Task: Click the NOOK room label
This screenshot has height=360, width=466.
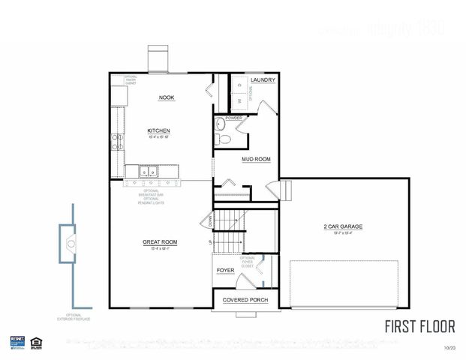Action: pos(166,97)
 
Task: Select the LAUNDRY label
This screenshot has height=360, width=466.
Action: pos(263,80)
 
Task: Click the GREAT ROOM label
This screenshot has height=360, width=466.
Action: pos(160,241)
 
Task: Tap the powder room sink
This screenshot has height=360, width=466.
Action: pos(220,124)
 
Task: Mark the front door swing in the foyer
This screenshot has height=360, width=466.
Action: pos(245,283)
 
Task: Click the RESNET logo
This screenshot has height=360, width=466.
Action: pos(18,341)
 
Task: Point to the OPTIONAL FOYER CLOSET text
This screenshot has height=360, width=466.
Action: pos(248,262)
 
